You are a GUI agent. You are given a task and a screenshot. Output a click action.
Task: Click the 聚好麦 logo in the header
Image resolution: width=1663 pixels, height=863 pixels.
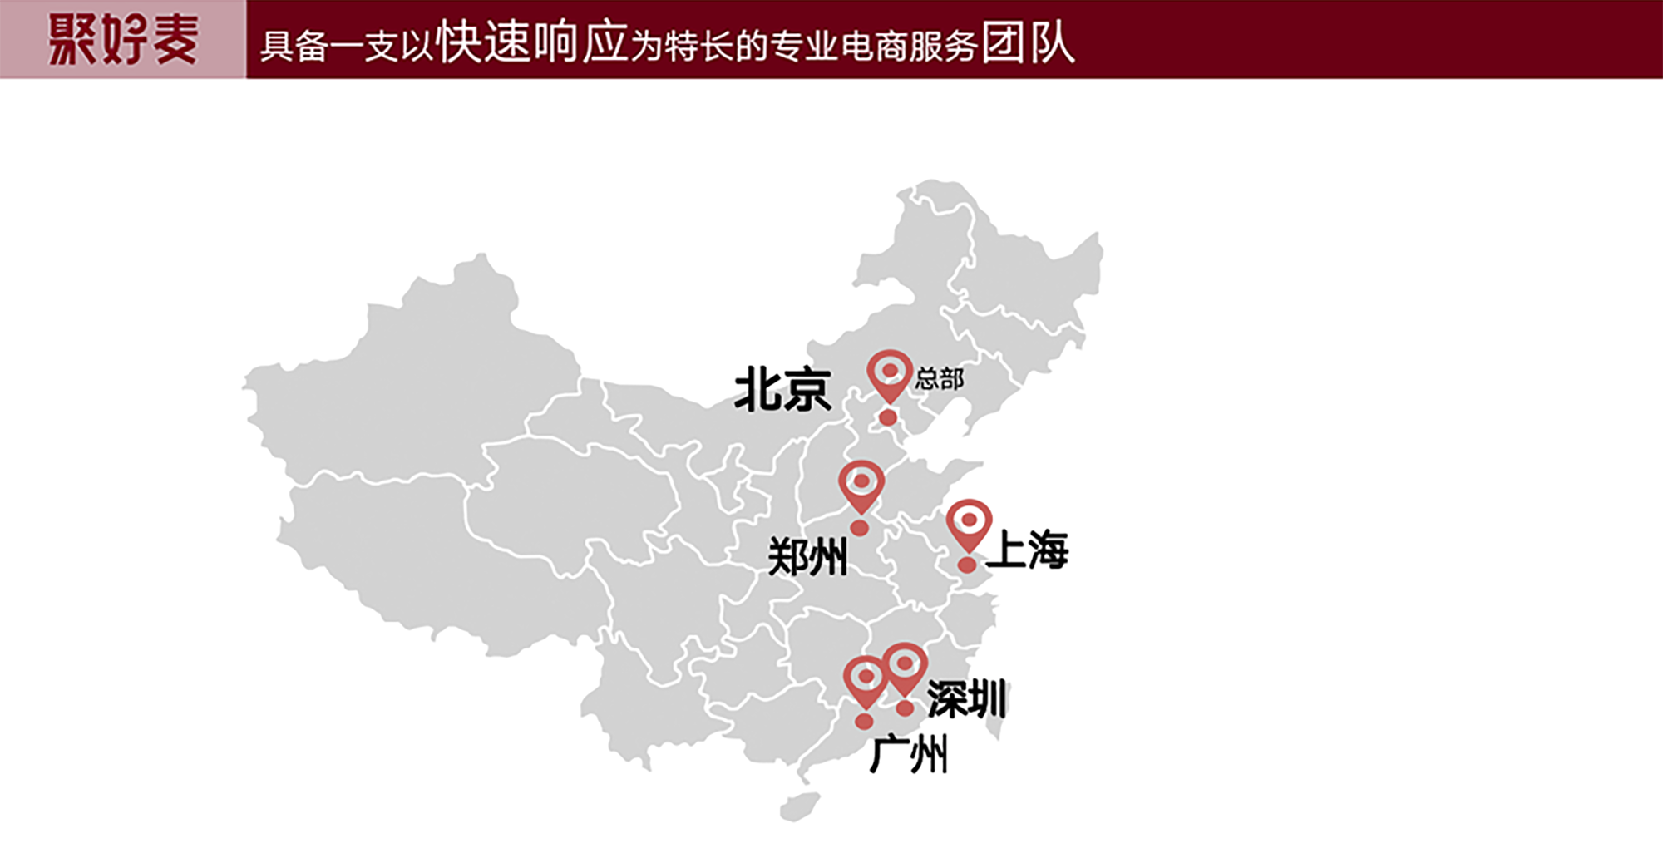coord(123,39)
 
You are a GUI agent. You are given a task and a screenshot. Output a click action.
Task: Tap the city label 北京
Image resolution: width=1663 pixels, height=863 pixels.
coord(782,389)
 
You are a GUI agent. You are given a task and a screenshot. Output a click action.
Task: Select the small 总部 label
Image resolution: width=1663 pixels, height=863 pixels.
coord(939,379)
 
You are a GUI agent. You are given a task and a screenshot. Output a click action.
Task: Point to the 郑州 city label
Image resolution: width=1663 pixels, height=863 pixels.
coord(807,556)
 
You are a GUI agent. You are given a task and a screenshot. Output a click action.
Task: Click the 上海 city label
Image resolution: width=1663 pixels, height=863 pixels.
coord(1028,550)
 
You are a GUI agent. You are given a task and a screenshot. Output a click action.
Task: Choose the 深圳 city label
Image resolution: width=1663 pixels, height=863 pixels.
coord(966,698)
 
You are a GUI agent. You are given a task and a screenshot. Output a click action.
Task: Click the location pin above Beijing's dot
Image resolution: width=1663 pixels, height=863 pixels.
coord(889,375)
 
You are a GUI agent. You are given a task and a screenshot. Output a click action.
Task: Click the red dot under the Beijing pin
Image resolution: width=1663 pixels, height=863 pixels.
coord(888,417)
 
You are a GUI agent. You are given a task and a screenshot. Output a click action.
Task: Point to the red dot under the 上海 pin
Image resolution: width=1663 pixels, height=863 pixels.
coord(967,565)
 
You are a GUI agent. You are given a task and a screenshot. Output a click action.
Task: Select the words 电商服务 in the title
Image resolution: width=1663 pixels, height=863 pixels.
coord(908,47)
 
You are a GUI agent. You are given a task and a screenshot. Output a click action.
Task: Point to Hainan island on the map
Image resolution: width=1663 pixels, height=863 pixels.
coord(798,806)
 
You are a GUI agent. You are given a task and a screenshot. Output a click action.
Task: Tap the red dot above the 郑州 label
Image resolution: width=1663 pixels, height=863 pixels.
coord(860,528)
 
